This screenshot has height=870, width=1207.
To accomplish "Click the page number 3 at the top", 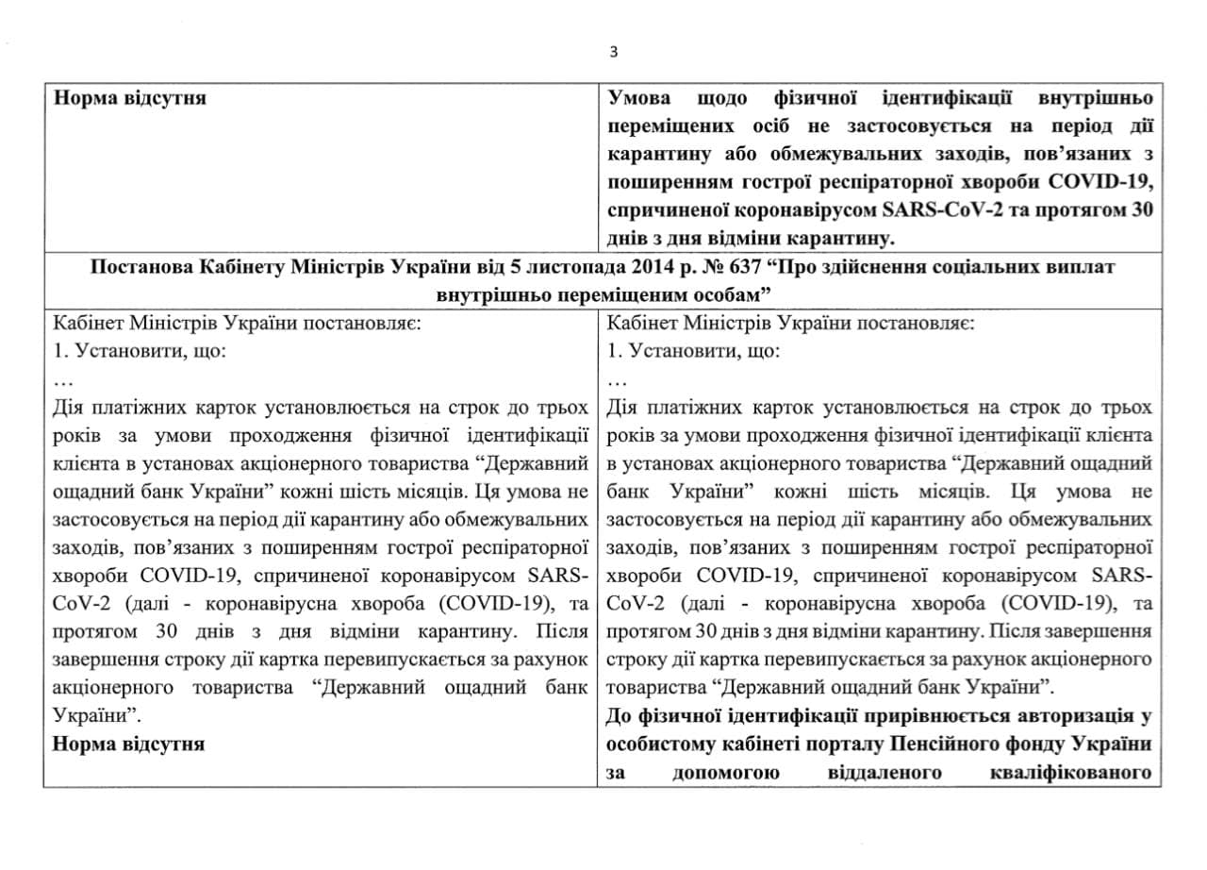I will [614, 52].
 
